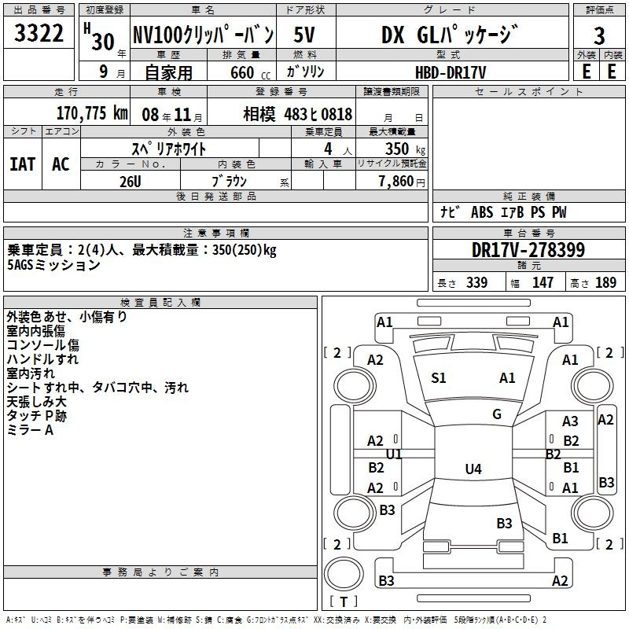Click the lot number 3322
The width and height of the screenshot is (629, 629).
point(39,33)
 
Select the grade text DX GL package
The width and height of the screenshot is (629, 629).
point(449,35)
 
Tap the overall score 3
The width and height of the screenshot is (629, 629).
point(599,35)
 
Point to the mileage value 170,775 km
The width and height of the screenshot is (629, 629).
point(92,112)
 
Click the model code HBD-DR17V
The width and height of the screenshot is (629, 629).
point(451,72)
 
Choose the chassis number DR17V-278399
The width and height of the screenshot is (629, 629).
point(528,250)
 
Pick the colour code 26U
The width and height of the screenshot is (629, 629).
point(131,182)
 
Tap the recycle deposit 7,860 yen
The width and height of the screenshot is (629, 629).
point(402,182)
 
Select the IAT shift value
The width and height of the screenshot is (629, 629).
point(23,164)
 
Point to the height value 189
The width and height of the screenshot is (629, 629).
point(605,282)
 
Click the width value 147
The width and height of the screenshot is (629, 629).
point(543,282)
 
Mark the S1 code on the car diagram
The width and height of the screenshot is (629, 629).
point(439,378)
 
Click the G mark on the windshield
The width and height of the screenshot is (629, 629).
point(497,414)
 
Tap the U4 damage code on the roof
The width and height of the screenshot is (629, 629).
point(473,469)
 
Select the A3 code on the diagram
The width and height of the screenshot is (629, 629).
point(570,421)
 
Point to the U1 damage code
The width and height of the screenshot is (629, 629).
point(394,454)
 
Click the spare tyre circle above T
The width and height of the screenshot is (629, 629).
point(344,574)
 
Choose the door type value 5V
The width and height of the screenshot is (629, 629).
point(304,35)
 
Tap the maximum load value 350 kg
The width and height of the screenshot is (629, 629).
point(405,149)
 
